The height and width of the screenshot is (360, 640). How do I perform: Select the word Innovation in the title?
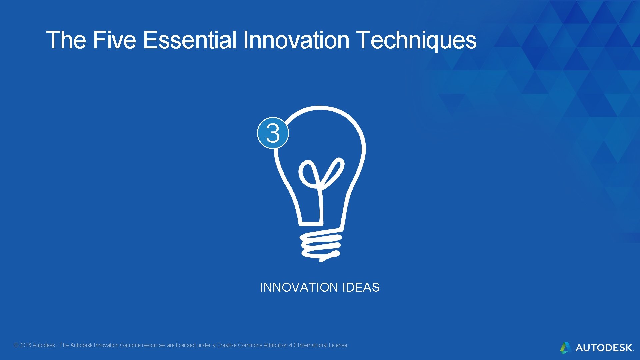click(x=296, y=40)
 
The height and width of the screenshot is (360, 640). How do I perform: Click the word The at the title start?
click(x=66, y=40)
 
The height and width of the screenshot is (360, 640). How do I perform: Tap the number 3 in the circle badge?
click(x=273, y=133)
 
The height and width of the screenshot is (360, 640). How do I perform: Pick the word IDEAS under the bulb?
click(x=361, y=287)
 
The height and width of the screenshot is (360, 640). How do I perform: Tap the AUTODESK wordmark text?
click(x=604, y=348)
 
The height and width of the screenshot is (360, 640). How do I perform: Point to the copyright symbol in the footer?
click(x=16, y=345)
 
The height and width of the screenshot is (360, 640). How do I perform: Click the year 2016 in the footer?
click(x=25, y=345)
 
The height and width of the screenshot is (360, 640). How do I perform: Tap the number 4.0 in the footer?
click(x=292, y=345)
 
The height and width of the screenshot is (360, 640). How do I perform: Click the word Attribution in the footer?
click(x=275, y=345)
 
